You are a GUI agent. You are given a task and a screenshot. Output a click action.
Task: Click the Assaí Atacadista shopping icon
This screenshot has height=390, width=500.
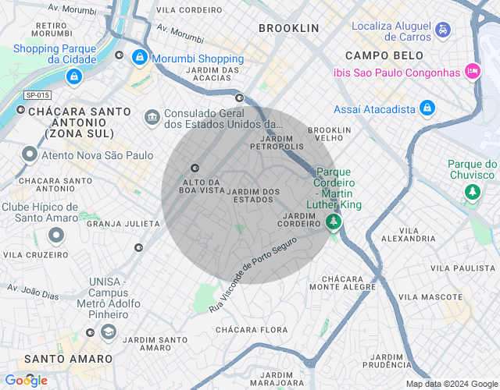[427, 108]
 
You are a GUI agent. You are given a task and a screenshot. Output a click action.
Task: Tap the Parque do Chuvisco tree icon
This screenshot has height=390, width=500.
[472, 191]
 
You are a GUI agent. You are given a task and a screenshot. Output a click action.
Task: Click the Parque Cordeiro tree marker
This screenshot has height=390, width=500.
[334, 222]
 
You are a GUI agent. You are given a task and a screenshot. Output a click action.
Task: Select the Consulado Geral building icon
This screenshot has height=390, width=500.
[152, 117]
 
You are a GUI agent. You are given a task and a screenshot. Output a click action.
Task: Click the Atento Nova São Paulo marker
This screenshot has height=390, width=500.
[30, 154]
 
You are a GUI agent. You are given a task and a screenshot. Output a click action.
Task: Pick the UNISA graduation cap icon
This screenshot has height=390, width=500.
[107, 332]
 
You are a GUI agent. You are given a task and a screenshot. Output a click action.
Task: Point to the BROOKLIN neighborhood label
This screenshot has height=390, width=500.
[288, 28]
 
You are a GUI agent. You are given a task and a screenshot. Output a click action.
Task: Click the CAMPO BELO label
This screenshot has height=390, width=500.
[384, 55]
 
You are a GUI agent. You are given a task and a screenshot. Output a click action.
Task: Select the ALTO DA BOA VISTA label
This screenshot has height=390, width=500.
[202, 186]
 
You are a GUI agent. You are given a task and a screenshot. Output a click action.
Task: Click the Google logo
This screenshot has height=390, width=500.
[26, 380]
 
